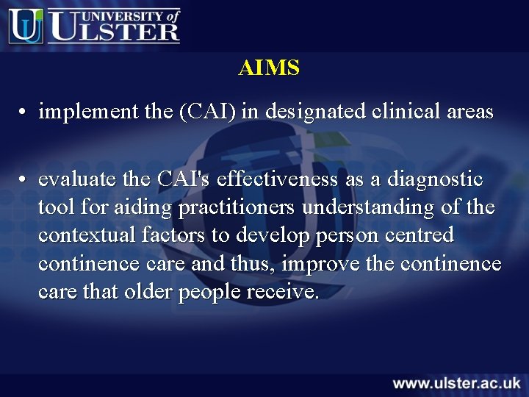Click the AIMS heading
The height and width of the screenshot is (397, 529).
(x=269, y=68)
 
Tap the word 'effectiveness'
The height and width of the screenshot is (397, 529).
(x=277, y=179)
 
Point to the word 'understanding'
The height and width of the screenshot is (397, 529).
(x=367, y=208)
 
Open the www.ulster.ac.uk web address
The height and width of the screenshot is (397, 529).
(x=456, y=383)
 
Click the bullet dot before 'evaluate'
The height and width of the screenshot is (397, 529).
(x=24, y=180)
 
